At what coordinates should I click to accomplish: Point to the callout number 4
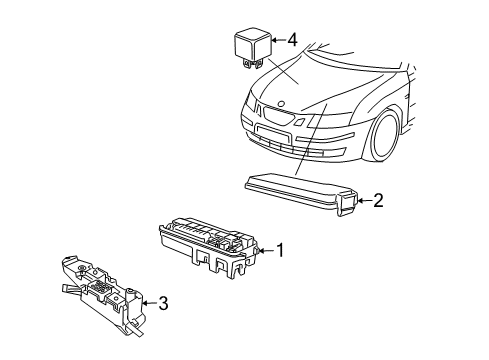point(292,41)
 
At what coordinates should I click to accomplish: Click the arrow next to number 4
point(277,41)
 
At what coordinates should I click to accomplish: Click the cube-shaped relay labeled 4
point(250,47)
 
